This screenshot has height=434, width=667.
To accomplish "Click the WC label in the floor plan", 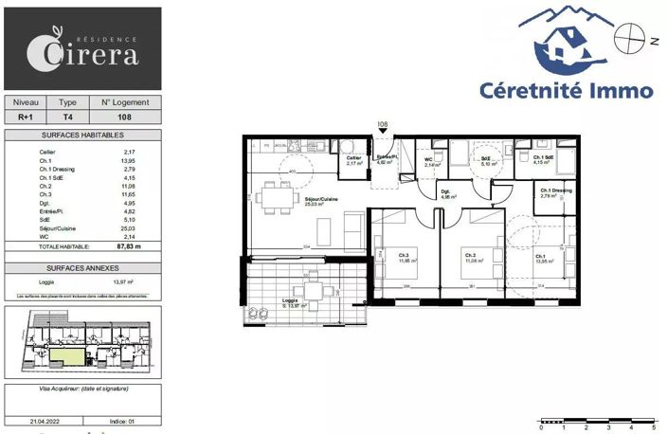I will tap(428, 159).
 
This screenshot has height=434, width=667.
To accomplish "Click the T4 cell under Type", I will tap(67, 118).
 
